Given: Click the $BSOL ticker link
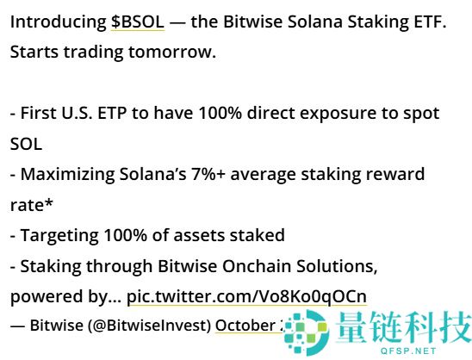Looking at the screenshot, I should click(137, 22).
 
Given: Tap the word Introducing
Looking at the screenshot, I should click(58, 22).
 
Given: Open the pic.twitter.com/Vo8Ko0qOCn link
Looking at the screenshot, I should click(246, 296).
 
